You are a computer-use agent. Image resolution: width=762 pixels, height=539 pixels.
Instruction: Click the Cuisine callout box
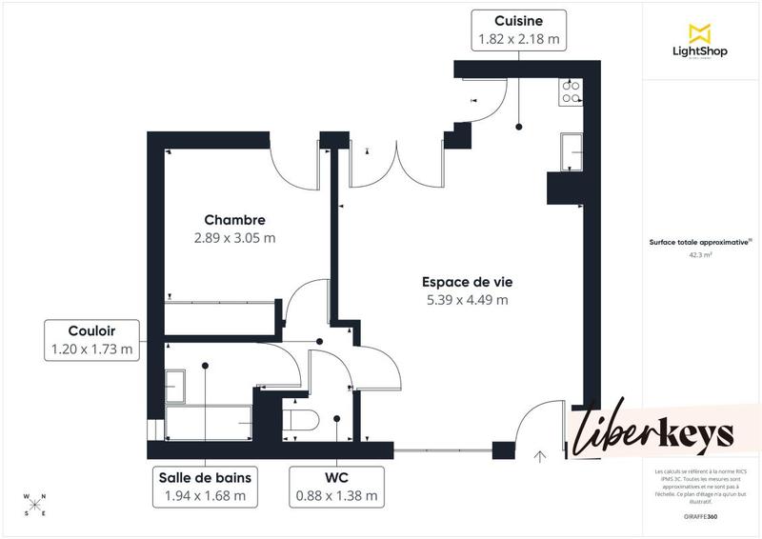[x=519, y=30]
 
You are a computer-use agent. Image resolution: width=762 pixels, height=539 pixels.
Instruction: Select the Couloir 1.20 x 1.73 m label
[x=91, y=340]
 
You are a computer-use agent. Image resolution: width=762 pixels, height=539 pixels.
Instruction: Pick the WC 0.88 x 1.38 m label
[x=337, y=487]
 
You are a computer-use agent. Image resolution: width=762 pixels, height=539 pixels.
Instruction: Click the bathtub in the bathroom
[x=208, y=419]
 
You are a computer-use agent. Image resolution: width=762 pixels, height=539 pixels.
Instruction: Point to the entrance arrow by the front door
[x=540, y=456]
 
